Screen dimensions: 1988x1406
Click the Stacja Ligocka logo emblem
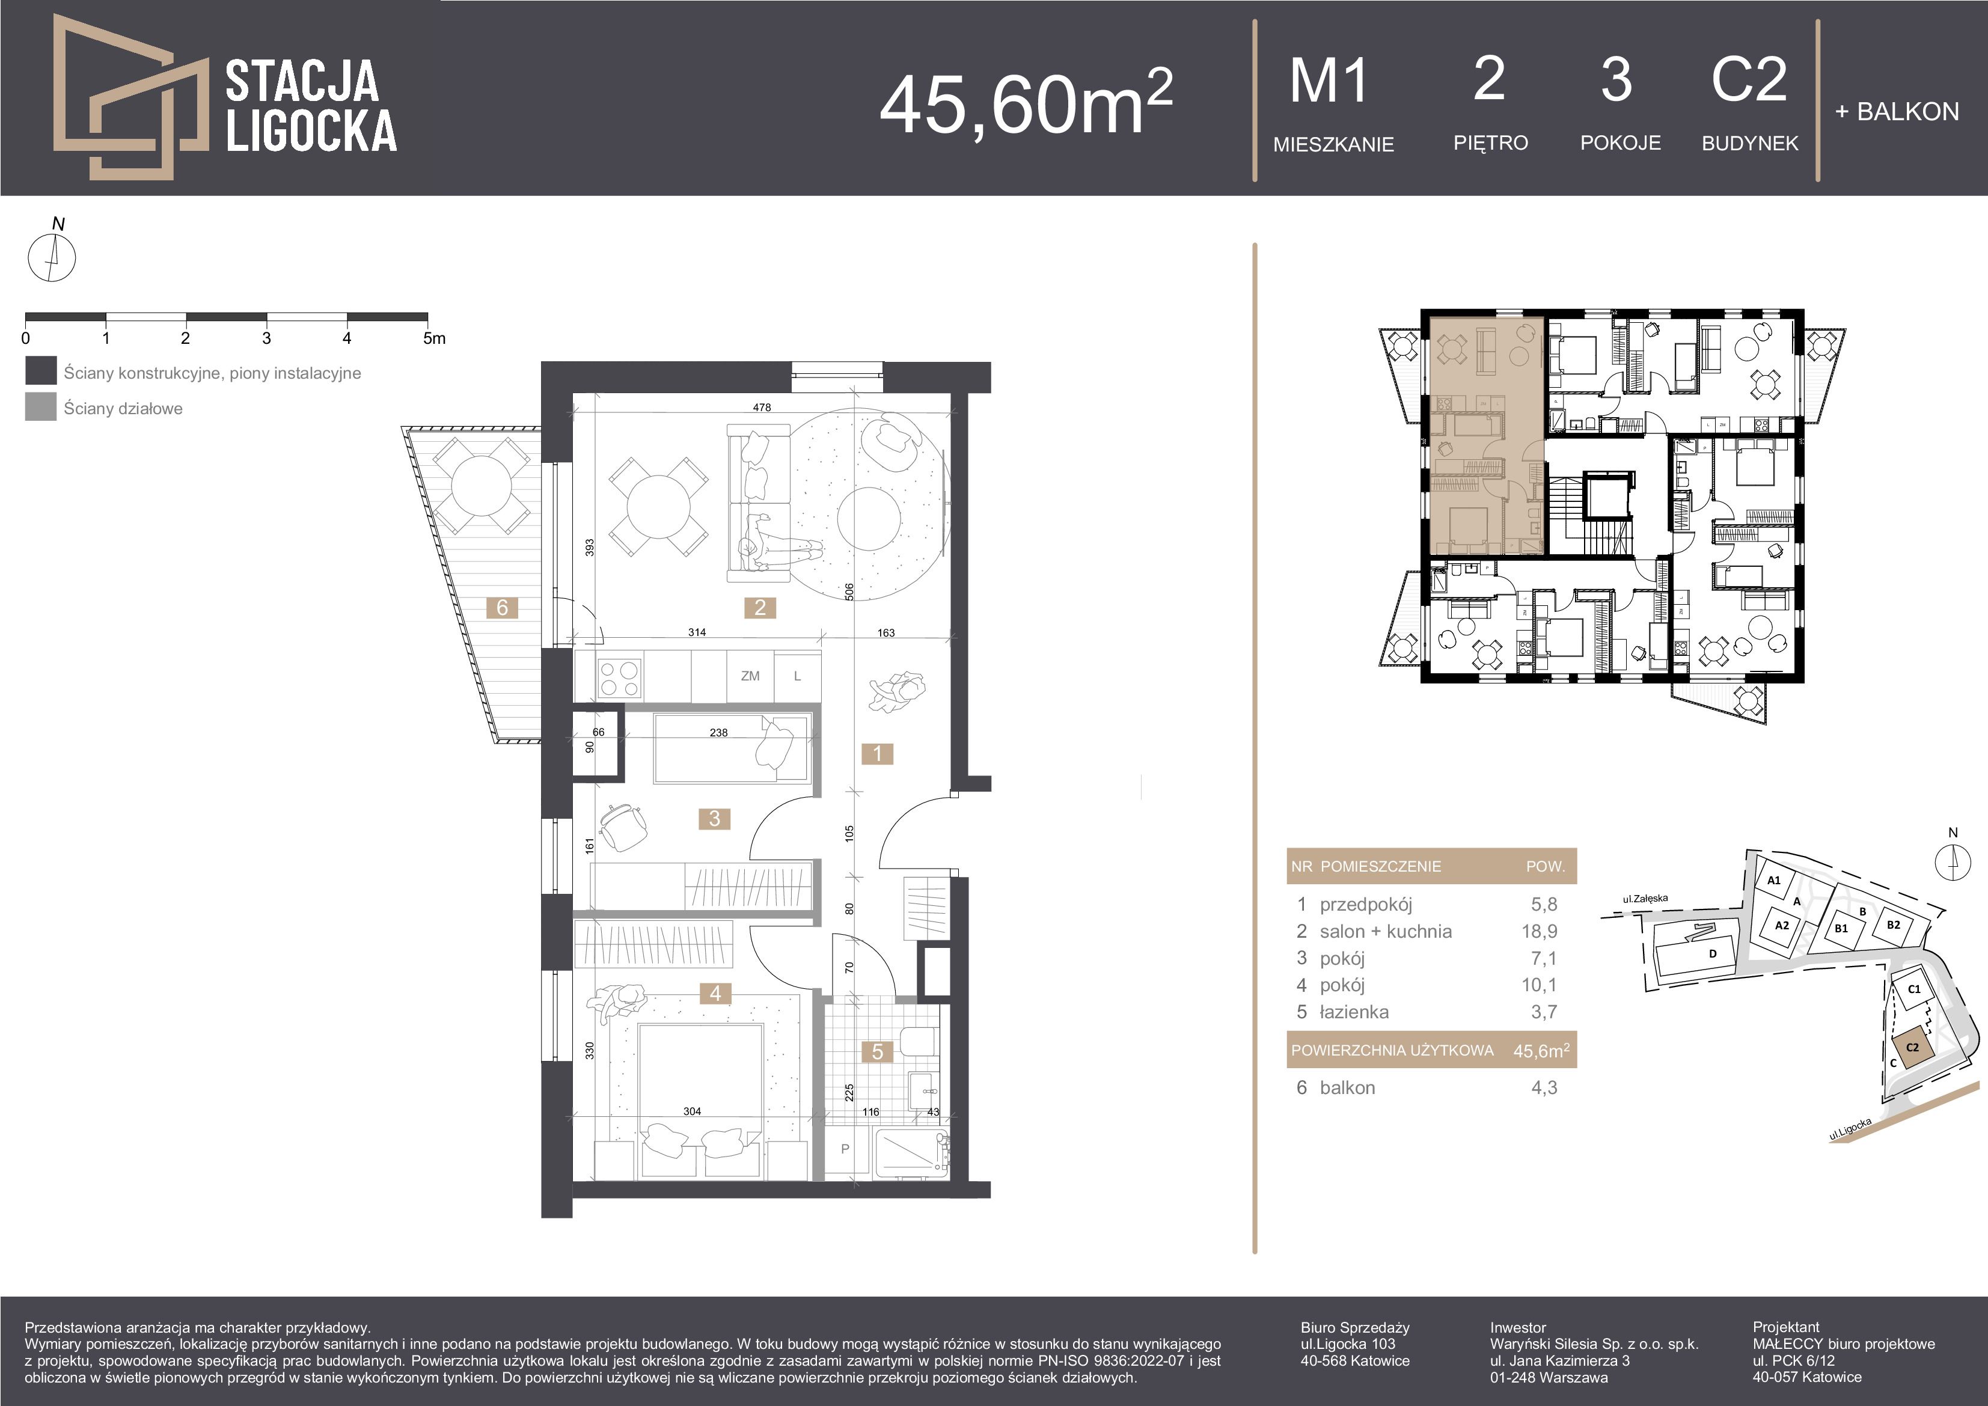tap(130, 97)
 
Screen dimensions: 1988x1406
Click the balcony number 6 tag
tap(502, 608)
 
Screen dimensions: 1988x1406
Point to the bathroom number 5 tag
tap(877, 1052)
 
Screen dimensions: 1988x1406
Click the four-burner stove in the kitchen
tap(619, 679)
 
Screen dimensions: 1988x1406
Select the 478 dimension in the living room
tap(761, 407)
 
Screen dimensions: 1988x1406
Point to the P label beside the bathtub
tap(845, 1149)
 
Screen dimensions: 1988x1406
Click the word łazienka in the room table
tap(1354, 1012)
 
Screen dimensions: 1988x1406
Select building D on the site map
tap(1712, 954)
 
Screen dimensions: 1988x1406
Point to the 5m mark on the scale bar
tap(435, 338)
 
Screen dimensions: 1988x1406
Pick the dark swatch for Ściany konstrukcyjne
tap(41, 370)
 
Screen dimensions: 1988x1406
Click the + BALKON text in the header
tap(1896, 112)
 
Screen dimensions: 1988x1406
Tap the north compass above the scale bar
tap(52, 256)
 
